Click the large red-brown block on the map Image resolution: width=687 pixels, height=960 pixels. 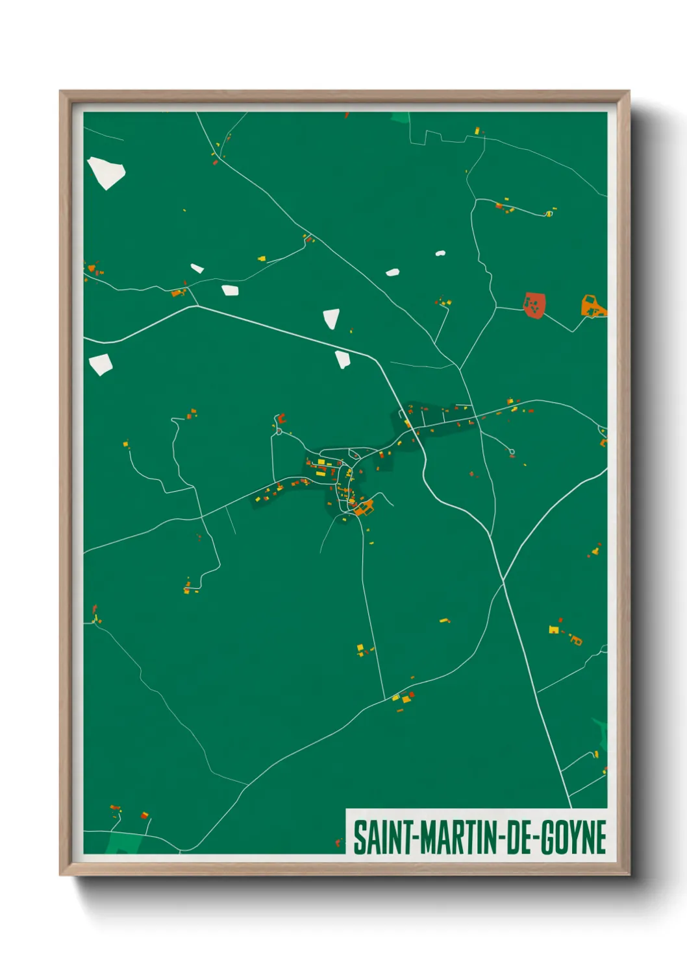[x=534, y=305]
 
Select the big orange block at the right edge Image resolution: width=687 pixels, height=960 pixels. [x=592, y=306]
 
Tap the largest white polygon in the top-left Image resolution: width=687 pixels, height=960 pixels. [x=105, y=172]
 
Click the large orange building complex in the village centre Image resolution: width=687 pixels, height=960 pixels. [x=362, y=507]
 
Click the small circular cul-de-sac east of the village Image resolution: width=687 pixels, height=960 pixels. [x=512, y=451]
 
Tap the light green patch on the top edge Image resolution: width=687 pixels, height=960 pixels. [x=400, y=117]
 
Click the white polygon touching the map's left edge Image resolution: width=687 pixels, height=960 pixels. [x=100, y=365]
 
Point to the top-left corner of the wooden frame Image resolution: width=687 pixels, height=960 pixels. [x=60, y=91]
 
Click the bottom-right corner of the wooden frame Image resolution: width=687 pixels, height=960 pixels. [x=629, y=874]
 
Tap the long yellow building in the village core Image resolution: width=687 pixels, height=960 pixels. [x=321, y=462]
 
